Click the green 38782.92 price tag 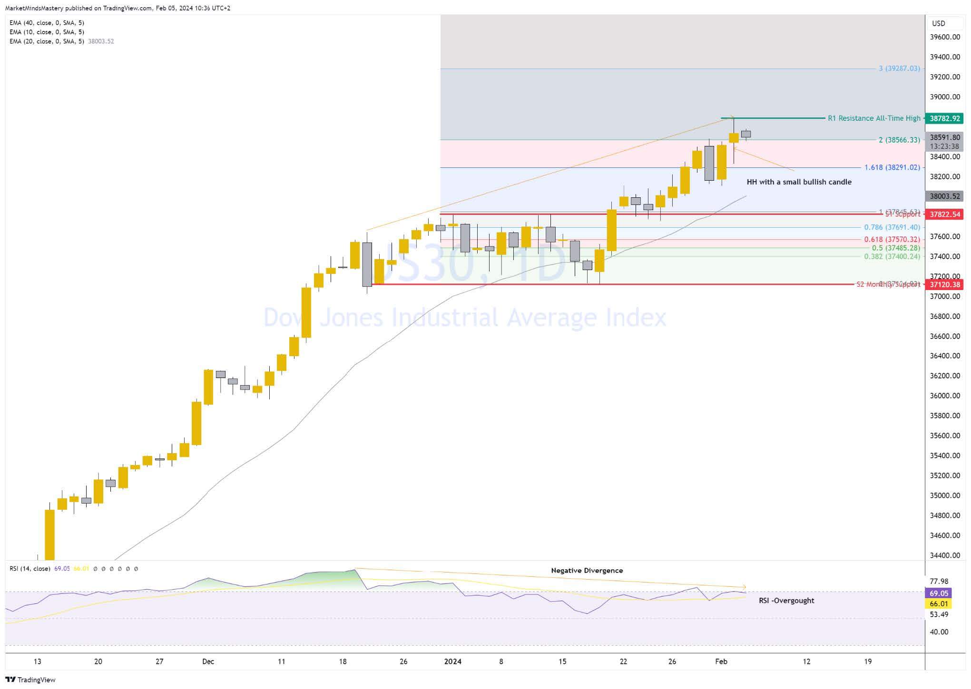(x=945, y=118)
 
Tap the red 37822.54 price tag (x=945, y=214)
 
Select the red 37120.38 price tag (x=945, y=285)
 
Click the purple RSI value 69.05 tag (x=939, y=593)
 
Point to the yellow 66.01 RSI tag (x=939, y=604)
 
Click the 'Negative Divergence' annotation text (x=587, y=571)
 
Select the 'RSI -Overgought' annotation (x=786, y=601)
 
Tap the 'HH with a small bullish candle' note (x=799, y=182)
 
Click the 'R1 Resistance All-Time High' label (x=874, y=118)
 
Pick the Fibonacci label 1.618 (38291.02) (x=892, y=167)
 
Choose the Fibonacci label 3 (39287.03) (x=899, y=68)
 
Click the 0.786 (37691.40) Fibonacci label (x=892, y=227)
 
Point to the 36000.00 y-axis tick (x=945, y=396)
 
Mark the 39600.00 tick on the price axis (x=945, y=37)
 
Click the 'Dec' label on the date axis (x=208, y=661)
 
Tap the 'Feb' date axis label (x=721, y=661)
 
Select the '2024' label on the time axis (x=452, y=661)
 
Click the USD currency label (x=939, y=23)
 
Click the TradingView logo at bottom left (x=30, y=680)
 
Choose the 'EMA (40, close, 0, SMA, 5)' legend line (x=47, y=23)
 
